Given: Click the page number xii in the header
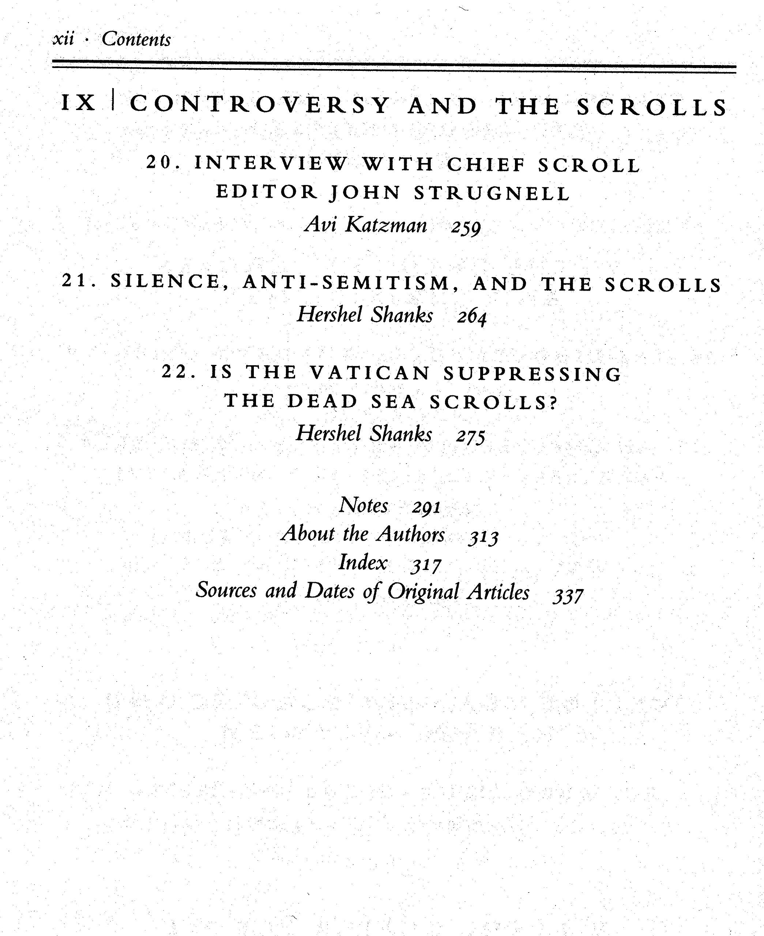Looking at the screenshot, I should pyautogui.click(x=63, y=39).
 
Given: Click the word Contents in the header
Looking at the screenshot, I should pyautogui.click(x=136, y=39).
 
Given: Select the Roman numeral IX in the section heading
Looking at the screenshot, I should pyautogui.click(x=79, y=104).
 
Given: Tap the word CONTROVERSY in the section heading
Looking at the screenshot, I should pyautogui.click(x=260, y=105).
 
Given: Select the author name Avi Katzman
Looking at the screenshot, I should pyautogui.click(x=366, y=225).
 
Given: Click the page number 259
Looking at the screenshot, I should pyautogui.click(x=466, y=227).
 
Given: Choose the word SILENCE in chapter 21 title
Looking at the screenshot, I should pyautogui.click(x=165, y=282).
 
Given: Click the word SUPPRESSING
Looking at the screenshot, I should pyautogui.click(x=532, y=374).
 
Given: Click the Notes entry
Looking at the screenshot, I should pyautogui.click(x=364, y=505).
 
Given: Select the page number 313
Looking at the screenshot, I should pyautogui.click(x=483, y=537).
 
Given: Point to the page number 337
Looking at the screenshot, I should pyautogui.click(x=568, y=596).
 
